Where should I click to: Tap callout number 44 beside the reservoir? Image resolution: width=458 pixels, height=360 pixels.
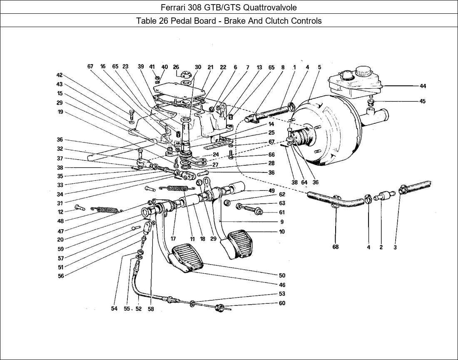pos(423,86)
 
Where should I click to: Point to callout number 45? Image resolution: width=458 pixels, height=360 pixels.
pos(423,101)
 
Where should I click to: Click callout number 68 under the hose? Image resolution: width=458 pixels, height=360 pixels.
pos(336,247)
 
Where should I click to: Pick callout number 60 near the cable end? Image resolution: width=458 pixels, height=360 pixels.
pos(282,303)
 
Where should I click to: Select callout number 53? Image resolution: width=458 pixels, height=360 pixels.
pos(282,294)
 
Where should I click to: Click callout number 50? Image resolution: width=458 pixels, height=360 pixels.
pos(282,275)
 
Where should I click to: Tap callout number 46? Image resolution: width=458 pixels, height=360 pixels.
pos(282,285)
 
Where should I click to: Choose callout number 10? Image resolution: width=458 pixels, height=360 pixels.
pos(282,232)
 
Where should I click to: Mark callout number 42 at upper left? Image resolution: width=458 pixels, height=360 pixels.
pos(60,75)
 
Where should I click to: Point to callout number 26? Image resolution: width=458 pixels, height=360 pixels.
pos(176,67)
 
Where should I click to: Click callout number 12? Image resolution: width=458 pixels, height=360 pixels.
pos(60,212)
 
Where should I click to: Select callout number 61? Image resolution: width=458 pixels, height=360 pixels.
pos(282,212)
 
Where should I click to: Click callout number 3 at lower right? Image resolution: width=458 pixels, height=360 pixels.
pos(395,247)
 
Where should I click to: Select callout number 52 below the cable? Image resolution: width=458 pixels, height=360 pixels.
pos(139,309)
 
